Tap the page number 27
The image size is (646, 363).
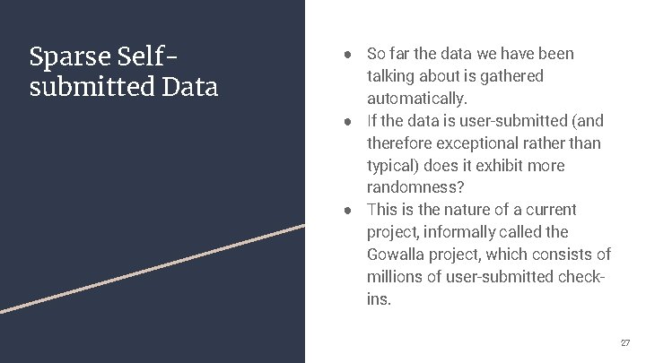click(624, 343)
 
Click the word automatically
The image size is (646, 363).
click(417, 99)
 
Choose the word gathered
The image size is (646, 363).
click(511, 76)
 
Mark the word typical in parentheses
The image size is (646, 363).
click(392, 166)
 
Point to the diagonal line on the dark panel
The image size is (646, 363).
click(153, 267)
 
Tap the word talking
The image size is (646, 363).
click(392, 76)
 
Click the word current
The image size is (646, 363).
click(549, 210)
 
